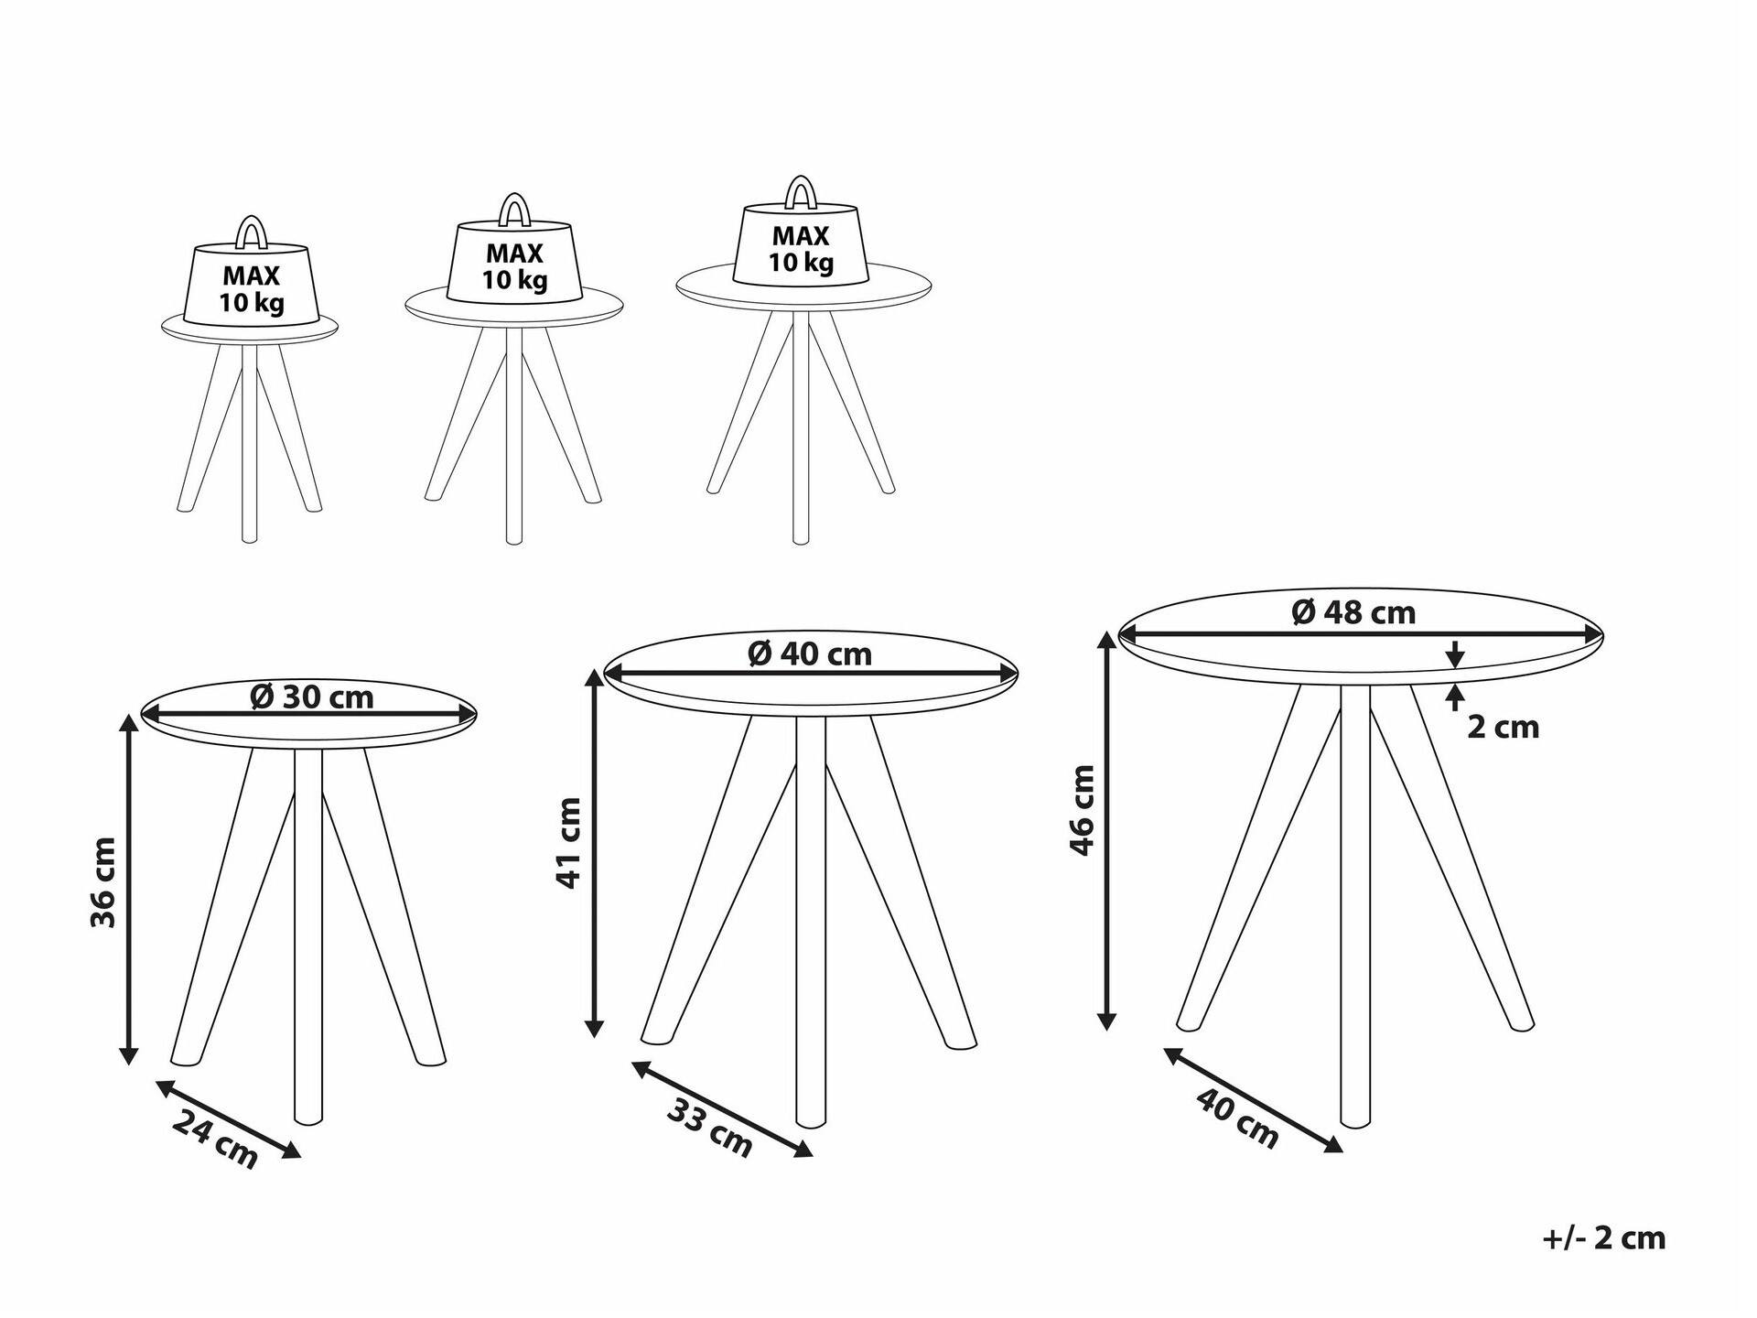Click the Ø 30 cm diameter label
[x=312, y=697]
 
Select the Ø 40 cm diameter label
[x=810, y=654]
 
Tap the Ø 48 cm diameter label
[x=1353, y=611]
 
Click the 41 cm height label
[x=569, y=843]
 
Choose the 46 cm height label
[x=1082, y=810]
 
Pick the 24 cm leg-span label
[x=216, y=1139]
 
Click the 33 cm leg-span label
[x=710, y=1128]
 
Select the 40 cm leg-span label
[x=1237, y=1119]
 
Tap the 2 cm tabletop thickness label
[x=1504, y=728]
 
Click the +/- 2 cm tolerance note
[x=1604, y=1238]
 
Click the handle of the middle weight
[x=513, y=210]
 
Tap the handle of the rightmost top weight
[x=801, y=192]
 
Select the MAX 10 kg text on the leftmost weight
[x=252, y=289]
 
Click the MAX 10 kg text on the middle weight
[x=515, y=267]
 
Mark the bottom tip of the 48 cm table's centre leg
[x=1355, y=1124]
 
